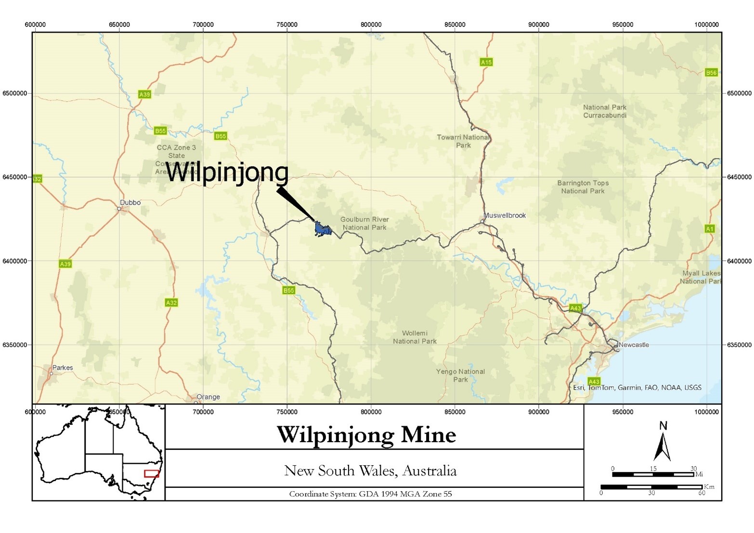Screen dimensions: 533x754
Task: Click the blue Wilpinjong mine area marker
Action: tap(322, 229)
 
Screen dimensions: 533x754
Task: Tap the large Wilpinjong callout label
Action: tap(227, 172)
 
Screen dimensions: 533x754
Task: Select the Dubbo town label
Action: tap(130, 203)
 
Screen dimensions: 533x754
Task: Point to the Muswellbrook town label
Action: tap(505, 216)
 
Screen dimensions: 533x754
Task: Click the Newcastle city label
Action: tap(634, 345)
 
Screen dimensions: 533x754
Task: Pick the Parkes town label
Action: tap(63, 368)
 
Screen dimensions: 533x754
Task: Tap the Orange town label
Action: tap(208, 397)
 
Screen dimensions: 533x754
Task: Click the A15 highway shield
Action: tap(486, 62)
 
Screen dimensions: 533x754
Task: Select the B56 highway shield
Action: tap(711, 73)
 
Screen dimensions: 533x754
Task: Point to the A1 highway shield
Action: tap(710, 229)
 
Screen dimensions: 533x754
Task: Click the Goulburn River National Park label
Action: tap(364, 223)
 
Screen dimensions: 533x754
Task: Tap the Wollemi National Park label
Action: tap(415, 337)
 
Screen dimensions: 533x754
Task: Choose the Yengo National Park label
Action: tap(460, 375)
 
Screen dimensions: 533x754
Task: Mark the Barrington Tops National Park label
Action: tap(583, 187)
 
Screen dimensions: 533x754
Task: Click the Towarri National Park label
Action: tap(463, 141)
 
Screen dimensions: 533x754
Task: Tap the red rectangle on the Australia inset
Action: tap(152, 474)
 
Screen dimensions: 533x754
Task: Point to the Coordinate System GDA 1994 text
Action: tap(370, 494)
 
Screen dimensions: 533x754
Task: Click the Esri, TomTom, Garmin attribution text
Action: tap(637, 388)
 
